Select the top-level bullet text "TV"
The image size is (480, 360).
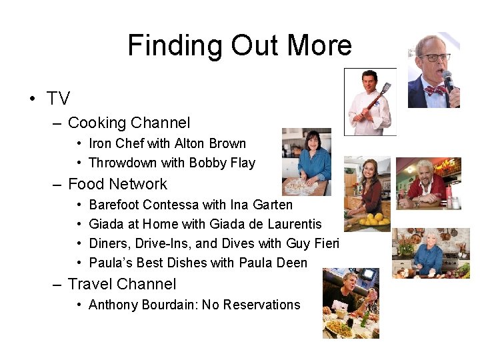(58, 99)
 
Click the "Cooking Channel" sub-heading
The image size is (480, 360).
(129, 123)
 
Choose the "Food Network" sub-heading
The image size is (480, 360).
(117, 184)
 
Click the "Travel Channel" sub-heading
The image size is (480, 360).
(122, 284)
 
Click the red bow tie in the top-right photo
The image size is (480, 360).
(435, 89)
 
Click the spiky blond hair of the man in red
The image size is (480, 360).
(425, 164)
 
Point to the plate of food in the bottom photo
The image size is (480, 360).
(339, 327)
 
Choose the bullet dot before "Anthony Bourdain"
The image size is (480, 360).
(79, 305)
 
